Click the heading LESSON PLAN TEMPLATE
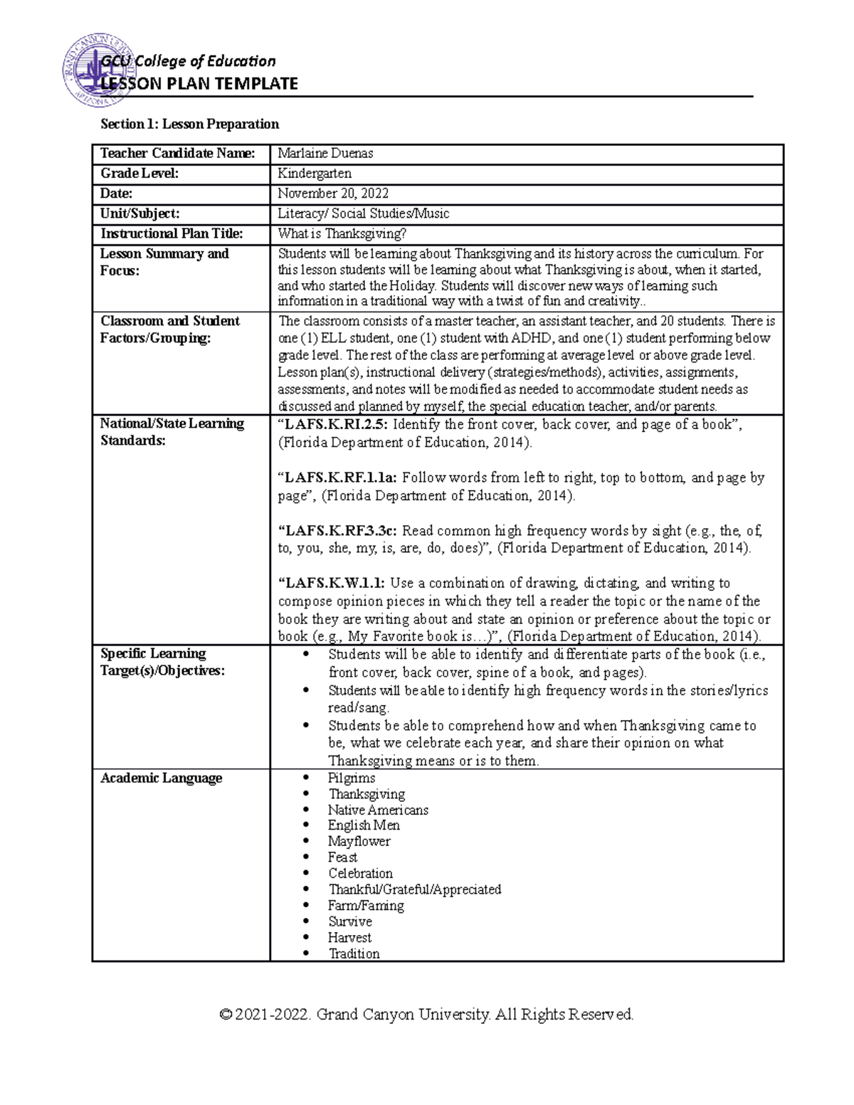[x=199, y=84]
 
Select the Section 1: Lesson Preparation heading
[x=189, y=125]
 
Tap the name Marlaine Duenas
[x=325, y=154]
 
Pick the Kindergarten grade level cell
[x=315, y=174]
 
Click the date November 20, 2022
[x=333, y=194]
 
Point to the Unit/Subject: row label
[x=140, y=213]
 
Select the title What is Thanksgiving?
[x=342, y=233]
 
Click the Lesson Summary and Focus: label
[x=164, y=262]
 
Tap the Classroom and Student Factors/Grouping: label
[x=169, y=329]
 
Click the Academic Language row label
[x=162, y=778]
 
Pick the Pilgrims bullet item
[x=352, y=778]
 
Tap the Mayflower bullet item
[x=359, y=842]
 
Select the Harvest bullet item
[x=349, y=938]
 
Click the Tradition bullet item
[x=354, y=954]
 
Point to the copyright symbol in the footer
[x=227, y=1015]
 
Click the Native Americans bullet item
[x=378, y=810]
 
